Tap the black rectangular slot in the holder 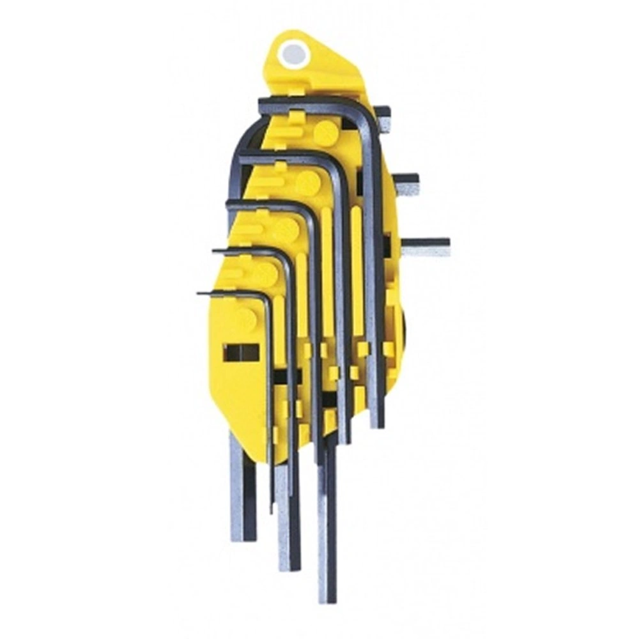(241, 352)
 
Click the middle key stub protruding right (406, 183)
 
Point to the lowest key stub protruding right (426, 247)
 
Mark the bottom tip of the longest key (327, 597)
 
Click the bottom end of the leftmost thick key (242, 535)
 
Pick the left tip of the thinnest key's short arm (199, 293)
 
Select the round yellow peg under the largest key (326, 133)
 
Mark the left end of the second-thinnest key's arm (215, 251)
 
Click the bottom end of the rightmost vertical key (376, 423)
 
